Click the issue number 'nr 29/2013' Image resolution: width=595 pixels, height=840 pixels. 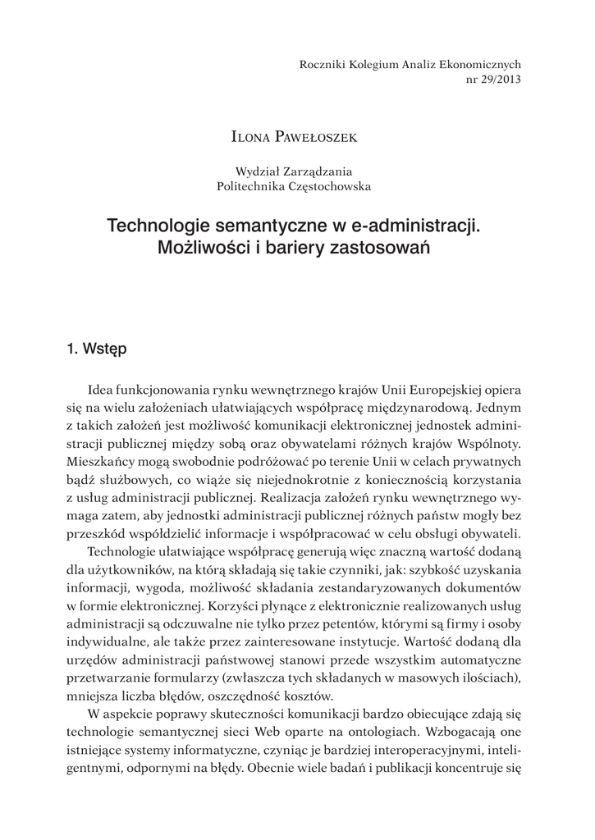point(492,80)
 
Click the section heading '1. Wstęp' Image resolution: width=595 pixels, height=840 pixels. point(97,349)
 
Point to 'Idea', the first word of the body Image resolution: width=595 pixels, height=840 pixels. point(100,388)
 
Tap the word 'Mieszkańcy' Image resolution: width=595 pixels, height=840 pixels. point(98,462)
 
